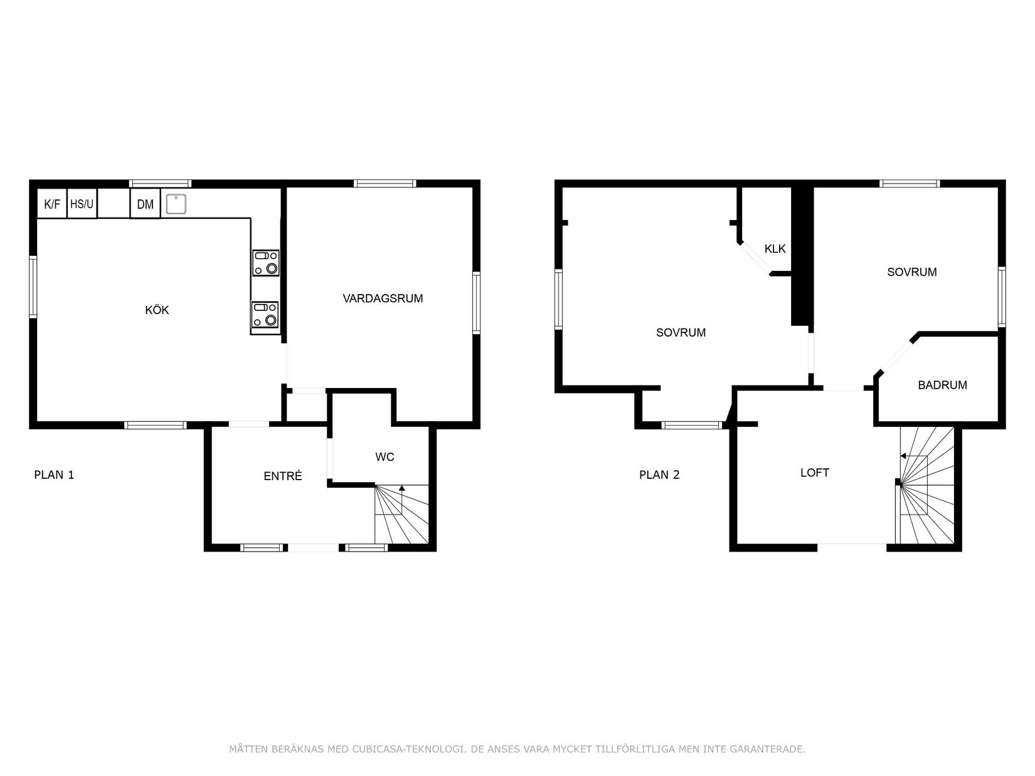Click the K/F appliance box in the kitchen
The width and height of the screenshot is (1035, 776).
(x=52, y=204)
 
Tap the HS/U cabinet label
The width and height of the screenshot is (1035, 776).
(x=82, y=204)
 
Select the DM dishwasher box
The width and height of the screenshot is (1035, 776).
(x=146, y=204)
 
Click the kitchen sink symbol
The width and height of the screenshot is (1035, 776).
(x=176, y=204)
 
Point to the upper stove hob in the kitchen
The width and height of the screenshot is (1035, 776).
(x=266, y=263)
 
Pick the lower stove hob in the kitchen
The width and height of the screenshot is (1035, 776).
(x=265, y=314)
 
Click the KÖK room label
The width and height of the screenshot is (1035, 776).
(x=157, y=310)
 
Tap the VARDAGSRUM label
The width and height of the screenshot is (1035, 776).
(x=383, y=298)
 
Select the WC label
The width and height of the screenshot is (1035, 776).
(x=385, y=456)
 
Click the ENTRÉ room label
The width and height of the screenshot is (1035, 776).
(x=283, y=476)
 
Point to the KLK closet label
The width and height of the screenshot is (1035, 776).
(x=775, y=249)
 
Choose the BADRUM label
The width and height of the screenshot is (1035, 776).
(x=943, y=385)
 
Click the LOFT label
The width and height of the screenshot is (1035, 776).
(x=815, y=473)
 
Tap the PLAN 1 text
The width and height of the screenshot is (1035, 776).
(x=54, y=475)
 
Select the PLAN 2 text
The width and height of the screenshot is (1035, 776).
(x=659, y=475)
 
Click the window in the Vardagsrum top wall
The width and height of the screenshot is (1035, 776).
(x=385, y=183)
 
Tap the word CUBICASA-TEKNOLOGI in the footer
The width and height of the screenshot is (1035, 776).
(x=410, y=749)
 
